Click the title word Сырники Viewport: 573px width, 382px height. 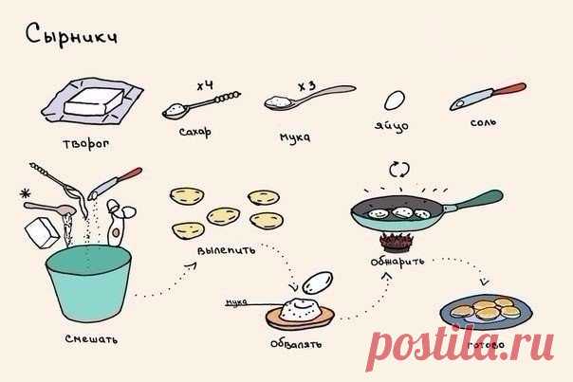71,36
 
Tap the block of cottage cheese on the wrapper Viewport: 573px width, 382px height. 94,101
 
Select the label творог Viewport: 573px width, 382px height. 86,144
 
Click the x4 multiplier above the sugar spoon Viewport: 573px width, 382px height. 205,86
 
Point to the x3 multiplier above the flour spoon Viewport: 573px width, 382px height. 306,86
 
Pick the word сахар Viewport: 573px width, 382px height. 195,132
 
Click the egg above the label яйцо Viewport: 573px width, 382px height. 395,100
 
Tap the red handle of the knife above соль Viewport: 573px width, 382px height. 509,89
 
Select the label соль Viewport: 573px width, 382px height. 483,122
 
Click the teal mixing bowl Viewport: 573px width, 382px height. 89,282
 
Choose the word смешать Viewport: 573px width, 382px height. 91,339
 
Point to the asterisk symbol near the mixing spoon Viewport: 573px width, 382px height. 26,193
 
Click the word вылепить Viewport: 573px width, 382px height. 226,250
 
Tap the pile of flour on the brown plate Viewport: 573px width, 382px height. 300,309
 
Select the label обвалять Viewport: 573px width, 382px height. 296,344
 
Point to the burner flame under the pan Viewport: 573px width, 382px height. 397,242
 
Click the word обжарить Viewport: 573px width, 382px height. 397,262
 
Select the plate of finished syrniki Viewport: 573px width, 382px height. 486,312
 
